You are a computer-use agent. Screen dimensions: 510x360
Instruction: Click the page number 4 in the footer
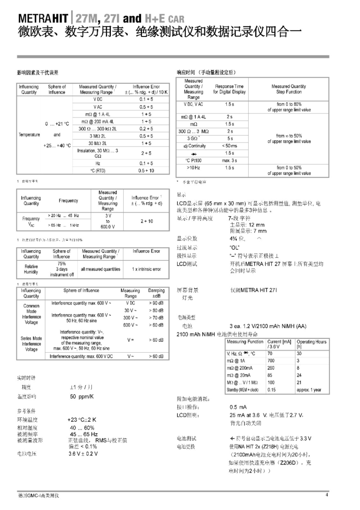click(326, 495)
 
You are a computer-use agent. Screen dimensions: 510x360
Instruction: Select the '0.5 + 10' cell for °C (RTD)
click(146, 170)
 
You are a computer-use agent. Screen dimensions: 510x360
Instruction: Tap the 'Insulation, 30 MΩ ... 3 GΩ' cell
click(98, 153)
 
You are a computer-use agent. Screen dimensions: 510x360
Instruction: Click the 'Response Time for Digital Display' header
click(229, 89)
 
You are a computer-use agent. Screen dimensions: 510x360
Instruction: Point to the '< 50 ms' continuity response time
click(230, 146)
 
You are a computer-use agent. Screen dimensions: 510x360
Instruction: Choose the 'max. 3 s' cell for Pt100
click(230, 161)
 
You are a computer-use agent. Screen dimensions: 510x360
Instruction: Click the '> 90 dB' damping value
click(156, 302)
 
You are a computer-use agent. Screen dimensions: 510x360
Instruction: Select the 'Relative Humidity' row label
click(31, 269)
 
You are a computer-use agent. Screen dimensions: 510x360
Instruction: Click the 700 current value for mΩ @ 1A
click(271, 361)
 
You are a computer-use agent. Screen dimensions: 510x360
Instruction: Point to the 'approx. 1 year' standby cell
click(309, 390)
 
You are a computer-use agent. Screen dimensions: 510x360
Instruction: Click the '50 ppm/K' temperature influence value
click(82, 396)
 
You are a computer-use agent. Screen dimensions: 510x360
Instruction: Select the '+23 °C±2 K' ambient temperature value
click(82, 419)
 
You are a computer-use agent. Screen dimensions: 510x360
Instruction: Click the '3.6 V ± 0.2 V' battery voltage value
click(83, 454)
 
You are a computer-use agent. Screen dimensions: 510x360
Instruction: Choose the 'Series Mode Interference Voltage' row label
click(31, 344)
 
